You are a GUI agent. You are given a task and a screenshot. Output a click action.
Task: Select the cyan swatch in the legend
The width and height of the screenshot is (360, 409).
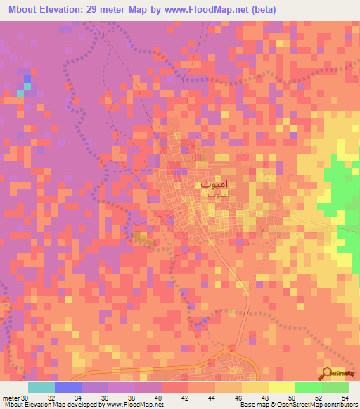(x=41, y=387)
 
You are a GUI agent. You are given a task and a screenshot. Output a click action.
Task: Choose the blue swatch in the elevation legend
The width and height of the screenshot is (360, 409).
(x=68, y=387)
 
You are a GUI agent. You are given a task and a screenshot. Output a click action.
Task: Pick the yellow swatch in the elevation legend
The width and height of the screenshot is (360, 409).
(x=282, y=387)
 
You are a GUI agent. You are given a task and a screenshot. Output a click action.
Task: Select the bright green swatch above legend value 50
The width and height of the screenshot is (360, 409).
(x=309, y=387)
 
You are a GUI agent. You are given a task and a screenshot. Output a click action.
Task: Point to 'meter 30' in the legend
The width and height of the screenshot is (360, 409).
(x=15, y=398)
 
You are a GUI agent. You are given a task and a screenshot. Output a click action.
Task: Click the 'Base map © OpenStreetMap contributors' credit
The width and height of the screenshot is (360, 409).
(x=297, y=405)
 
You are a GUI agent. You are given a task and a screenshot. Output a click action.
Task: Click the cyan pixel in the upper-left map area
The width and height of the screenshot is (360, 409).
(x=28, y=86)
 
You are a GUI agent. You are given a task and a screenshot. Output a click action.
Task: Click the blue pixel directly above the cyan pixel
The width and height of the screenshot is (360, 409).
(x=28, y=79)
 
